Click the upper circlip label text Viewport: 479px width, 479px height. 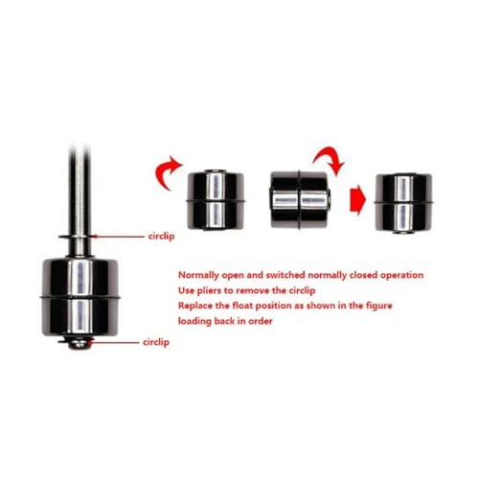161,237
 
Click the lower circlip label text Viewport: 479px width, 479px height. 156,342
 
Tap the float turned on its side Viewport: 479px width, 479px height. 300,200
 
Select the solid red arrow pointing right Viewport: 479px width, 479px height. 357,199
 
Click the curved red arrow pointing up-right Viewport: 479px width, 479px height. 165,171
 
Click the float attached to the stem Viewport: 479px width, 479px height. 80,298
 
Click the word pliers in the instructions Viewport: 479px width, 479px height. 210,290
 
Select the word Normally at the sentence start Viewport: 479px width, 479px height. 198,275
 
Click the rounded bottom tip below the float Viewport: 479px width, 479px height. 79,344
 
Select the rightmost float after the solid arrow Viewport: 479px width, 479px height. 403,203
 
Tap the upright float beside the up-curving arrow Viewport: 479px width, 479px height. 216,200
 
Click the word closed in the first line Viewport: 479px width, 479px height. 362,275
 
